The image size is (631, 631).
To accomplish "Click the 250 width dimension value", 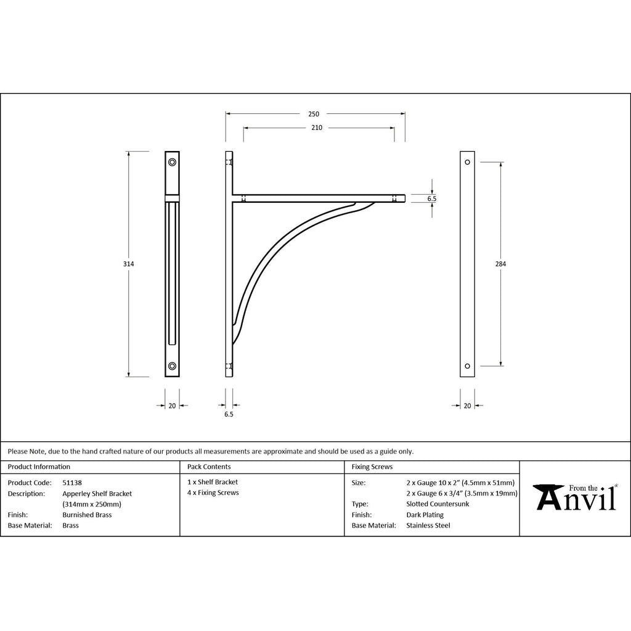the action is (x=314, y=114).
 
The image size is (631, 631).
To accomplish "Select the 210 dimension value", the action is (x=317, y=128).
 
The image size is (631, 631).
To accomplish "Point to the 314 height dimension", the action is (x=129, y=264).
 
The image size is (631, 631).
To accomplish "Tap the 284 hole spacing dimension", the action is (x=500, y=264).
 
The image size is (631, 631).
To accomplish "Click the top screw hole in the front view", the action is (x=173, y=162).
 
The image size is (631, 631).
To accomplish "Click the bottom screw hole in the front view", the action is (x=173, y=366).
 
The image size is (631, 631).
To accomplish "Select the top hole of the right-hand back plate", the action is (x=467, y=162).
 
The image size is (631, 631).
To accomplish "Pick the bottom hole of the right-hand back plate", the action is (x=467, y=366).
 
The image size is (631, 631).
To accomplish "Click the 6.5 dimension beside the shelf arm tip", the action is (x=432, y=198).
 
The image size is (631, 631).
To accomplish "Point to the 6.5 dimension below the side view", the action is (x=229, y=414).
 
